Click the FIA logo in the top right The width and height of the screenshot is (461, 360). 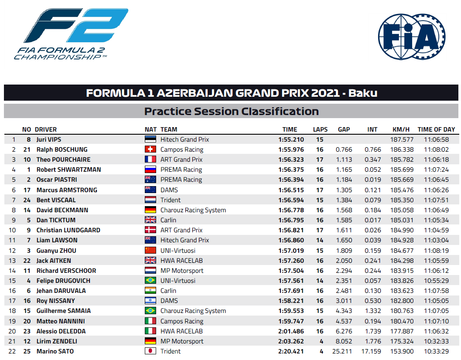pos(412,37)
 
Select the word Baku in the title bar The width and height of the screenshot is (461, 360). pos(363,93)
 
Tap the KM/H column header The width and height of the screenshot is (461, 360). pos(401,129)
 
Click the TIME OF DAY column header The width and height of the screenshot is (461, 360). pos(436,129)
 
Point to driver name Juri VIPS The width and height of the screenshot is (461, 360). pos(49,139)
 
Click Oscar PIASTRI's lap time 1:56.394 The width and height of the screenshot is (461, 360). pos(291,180)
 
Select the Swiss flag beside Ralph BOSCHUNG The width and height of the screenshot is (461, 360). pos(150,149)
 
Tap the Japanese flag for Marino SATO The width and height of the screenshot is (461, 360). pos(150,351)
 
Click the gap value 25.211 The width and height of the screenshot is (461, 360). pos(342,351)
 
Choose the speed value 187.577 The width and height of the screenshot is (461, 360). pos(402,139)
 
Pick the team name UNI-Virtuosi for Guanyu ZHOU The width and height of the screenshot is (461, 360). pos(178,251)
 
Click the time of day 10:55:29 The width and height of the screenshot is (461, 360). pos(436,281)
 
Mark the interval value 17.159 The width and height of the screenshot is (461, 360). pos(371,351)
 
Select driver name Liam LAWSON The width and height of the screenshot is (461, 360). pos(57,240)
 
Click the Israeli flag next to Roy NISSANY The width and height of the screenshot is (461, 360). pos(150,300)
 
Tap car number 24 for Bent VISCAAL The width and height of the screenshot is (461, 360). pos(27,200)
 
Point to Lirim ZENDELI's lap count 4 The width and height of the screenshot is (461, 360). pos(321,341)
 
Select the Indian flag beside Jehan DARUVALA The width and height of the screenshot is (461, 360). pos(150,290)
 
